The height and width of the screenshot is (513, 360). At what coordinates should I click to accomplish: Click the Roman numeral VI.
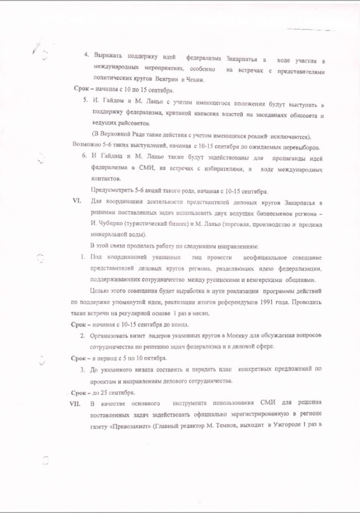[73, 202]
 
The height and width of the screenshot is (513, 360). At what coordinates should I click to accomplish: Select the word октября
[153, 358]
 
